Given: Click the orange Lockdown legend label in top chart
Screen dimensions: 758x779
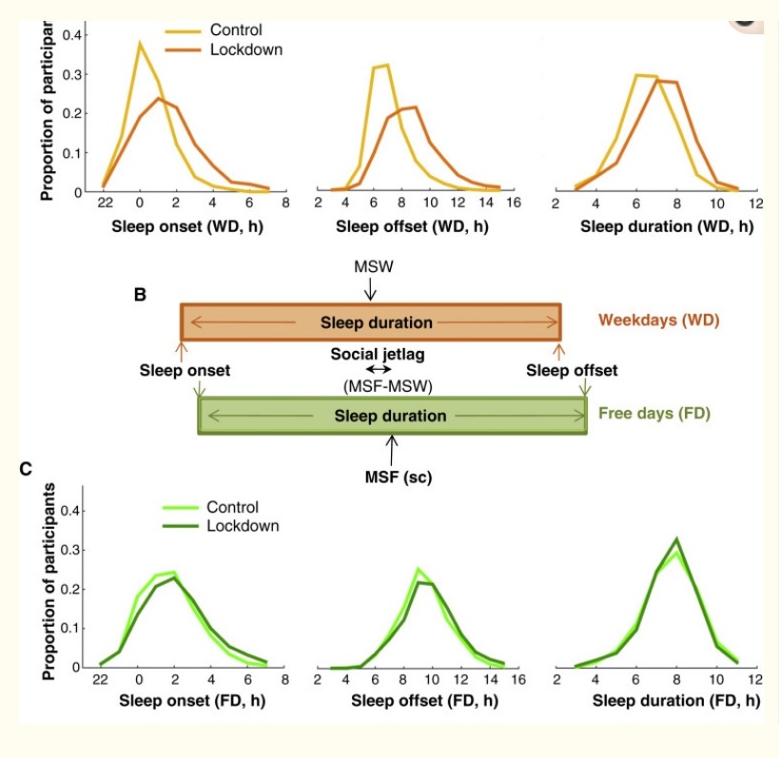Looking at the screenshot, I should coord(246,49).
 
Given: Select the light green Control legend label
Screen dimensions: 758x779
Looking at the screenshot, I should coord(232,507).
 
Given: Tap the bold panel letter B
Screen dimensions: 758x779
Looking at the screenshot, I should coord(140,297).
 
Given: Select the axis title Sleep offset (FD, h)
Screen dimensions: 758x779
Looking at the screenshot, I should coord(418,702).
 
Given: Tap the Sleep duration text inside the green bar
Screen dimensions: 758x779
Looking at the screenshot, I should coord(390,416).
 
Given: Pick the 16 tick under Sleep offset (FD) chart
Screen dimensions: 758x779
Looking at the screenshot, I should coord(514,680).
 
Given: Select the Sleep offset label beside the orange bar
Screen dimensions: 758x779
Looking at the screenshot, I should coord(572,370).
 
